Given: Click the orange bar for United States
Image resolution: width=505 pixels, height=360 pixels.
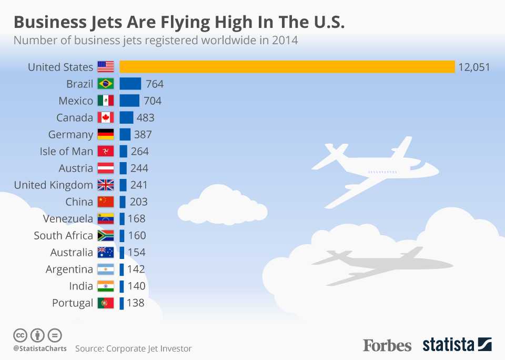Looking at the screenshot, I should tap(287, 67).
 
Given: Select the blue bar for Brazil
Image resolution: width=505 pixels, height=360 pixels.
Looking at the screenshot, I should tap(130, 84).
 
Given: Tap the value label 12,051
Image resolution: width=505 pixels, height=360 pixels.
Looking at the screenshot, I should tap(474, 67).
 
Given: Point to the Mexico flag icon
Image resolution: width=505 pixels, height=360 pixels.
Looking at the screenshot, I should tap(106, 101).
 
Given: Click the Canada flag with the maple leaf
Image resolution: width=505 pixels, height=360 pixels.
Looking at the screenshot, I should tap(106, 117).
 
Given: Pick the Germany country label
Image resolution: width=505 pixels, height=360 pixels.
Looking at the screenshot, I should tap(70, 134).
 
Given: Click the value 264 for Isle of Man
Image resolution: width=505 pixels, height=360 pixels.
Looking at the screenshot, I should tap(140, 151).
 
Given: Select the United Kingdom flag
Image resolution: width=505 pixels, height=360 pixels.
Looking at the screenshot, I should tap(106, 185).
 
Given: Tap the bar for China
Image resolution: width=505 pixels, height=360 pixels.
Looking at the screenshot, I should tap(123, 202).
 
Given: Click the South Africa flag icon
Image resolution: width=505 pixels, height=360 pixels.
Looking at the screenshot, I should tap(106, 235).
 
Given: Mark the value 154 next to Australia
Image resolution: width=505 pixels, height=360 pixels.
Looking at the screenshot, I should tap(137, 252).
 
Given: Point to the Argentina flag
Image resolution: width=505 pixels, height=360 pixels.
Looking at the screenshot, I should tap(106, 269).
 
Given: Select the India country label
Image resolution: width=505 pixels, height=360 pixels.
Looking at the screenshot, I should tap(81, 286).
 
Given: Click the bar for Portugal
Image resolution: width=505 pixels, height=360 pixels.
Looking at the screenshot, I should tap(122, 303).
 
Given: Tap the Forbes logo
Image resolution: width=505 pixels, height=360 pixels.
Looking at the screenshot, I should tap(387, 345).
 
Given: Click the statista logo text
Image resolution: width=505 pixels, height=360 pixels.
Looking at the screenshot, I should tap(449, 345).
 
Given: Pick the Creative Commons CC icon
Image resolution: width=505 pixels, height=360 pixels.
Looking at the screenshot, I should tap(20, 335).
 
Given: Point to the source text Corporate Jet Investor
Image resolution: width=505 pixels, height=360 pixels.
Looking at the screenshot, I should tap(149, 348).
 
